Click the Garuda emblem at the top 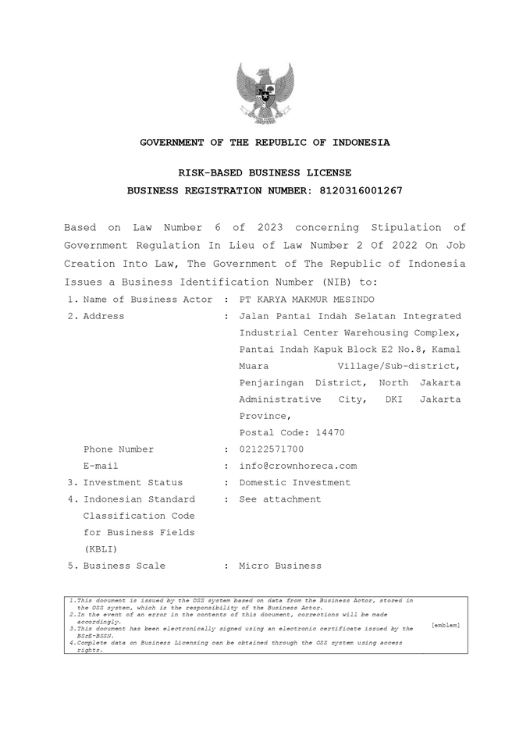pos(265,93)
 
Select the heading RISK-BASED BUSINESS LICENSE pos(265,172)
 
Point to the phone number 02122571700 pos(272,449)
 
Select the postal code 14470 pos(330,433)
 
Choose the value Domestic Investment pos(295,483)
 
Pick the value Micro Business pos(280,566)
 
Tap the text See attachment pos(280,499)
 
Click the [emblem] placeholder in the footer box pos(445,625)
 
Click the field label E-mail pos(101,466)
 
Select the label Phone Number pos(119,449)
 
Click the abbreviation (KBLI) pos(101,549)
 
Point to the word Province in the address pos(264,417)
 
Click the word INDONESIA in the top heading pos(361,143)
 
